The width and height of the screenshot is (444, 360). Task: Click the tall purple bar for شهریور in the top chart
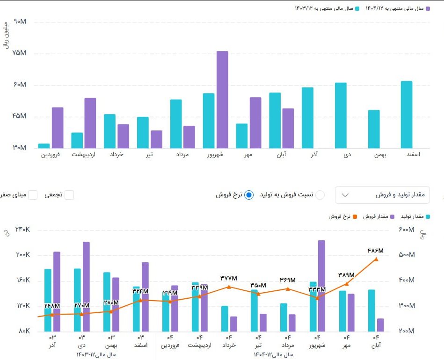(x=222, y=100)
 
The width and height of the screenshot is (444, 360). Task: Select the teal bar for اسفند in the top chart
(x=407, y=115)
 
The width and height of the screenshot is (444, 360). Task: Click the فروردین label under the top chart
(x=51, y=154)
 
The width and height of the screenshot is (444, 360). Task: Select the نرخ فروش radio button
(x=249, y=195)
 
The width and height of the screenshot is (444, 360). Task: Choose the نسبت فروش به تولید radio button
(x=320, y=195)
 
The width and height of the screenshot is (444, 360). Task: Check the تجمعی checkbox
(x=69, y=195)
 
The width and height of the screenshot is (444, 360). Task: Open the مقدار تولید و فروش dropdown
(x=382, y=195)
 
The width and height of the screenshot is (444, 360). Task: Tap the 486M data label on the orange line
(x=376, y=251)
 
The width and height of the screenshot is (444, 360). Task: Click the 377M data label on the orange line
(x=229, y=278)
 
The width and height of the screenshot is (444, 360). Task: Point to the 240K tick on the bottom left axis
(x=22, y=230)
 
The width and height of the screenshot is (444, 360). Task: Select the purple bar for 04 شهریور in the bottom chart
(x=321, y=286)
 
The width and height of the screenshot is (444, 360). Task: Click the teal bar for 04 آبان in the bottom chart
(x=371, y=310)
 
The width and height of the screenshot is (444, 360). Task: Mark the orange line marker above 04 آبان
(x=376, y=259)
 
